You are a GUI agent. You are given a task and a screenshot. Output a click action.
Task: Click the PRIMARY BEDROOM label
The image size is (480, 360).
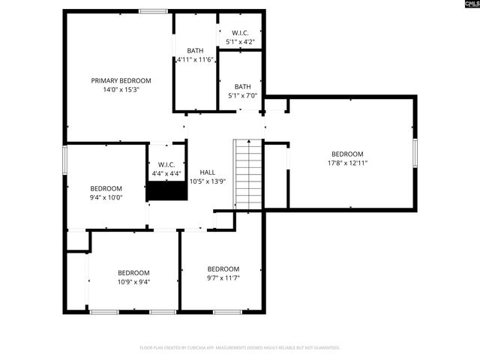click(x=121, y=80)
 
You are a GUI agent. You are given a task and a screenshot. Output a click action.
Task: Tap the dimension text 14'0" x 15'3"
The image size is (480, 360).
click(x=121, y=89)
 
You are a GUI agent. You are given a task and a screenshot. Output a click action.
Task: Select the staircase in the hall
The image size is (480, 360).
click(x=248, y=175)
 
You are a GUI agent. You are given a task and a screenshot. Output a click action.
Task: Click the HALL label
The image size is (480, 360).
click(x=207, y=172)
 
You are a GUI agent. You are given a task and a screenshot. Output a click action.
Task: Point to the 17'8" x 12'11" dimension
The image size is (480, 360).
click(x=347, y=163)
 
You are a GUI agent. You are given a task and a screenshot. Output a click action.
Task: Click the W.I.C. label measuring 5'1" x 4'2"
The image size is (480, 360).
click(x=240, y=33)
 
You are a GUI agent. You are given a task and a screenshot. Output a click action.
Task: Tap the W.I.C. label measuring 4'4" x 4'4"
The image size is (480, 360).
click(x=166, y=164)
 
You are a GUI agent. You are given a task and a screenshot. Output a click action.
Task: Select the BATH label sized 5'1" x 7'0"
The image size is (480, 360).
click(x=242, y=86)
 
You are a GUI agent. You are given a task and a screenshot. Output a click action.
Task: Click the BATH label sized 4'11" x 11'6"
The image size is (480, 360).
click(x=195, y=51)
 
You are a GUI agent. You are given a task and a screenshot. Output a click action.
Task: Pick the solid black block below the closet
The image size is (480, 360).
click(x=166, y=190)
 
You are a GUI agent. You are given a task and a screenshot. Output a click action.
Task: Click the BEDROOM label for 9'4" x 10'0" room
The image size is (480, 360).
click(x=106, y=188)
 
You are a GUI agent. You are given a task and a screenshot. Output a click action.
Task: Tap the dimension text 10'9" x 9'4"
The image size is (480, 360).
click(x=133, y=282)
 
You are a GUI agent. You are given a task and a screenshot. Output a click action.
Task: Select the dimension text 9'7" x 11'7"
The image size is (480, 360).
click(x=223, y=278)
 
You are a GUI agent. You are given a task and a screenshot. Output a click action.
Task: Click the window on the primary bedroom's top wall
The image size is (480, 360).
click(x=153, y=10)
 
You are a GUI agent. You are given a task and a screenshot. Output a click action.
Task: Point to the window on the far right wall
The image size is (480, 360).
click(x=415, y=152)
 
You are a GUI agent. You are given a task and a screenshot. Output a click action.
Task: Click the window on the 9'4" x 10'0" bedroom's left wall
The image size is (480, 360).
click(x=65, y=160)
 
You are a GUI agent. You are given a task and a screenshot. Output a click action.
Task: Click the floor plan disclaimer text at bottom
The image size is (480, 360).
click(x=240, y=348)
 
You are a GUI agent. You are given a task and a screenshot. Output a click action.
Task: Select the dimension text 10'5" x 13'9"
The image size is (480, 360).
click(x=207, y=181)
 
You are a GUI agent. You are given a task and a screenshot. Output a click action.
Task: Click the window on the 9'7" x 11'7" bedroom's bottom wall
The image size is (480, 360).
click(x=227, y=311)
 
